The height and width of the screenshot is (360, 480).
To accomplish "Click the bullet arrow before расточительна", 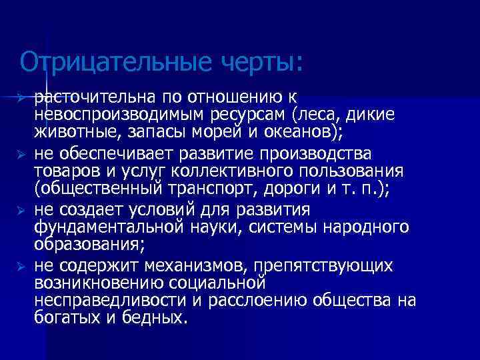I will click(x=21, y=99).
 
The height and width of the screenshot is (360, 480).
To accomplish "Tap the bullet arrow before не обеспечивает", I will click(x=21, y=154).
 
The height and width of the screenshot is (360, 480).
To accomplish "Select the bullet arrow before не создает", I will click(x=21, y=211).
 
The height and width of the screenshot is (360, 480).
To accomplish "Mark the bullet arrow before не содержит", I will click(x=21, y=267).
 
